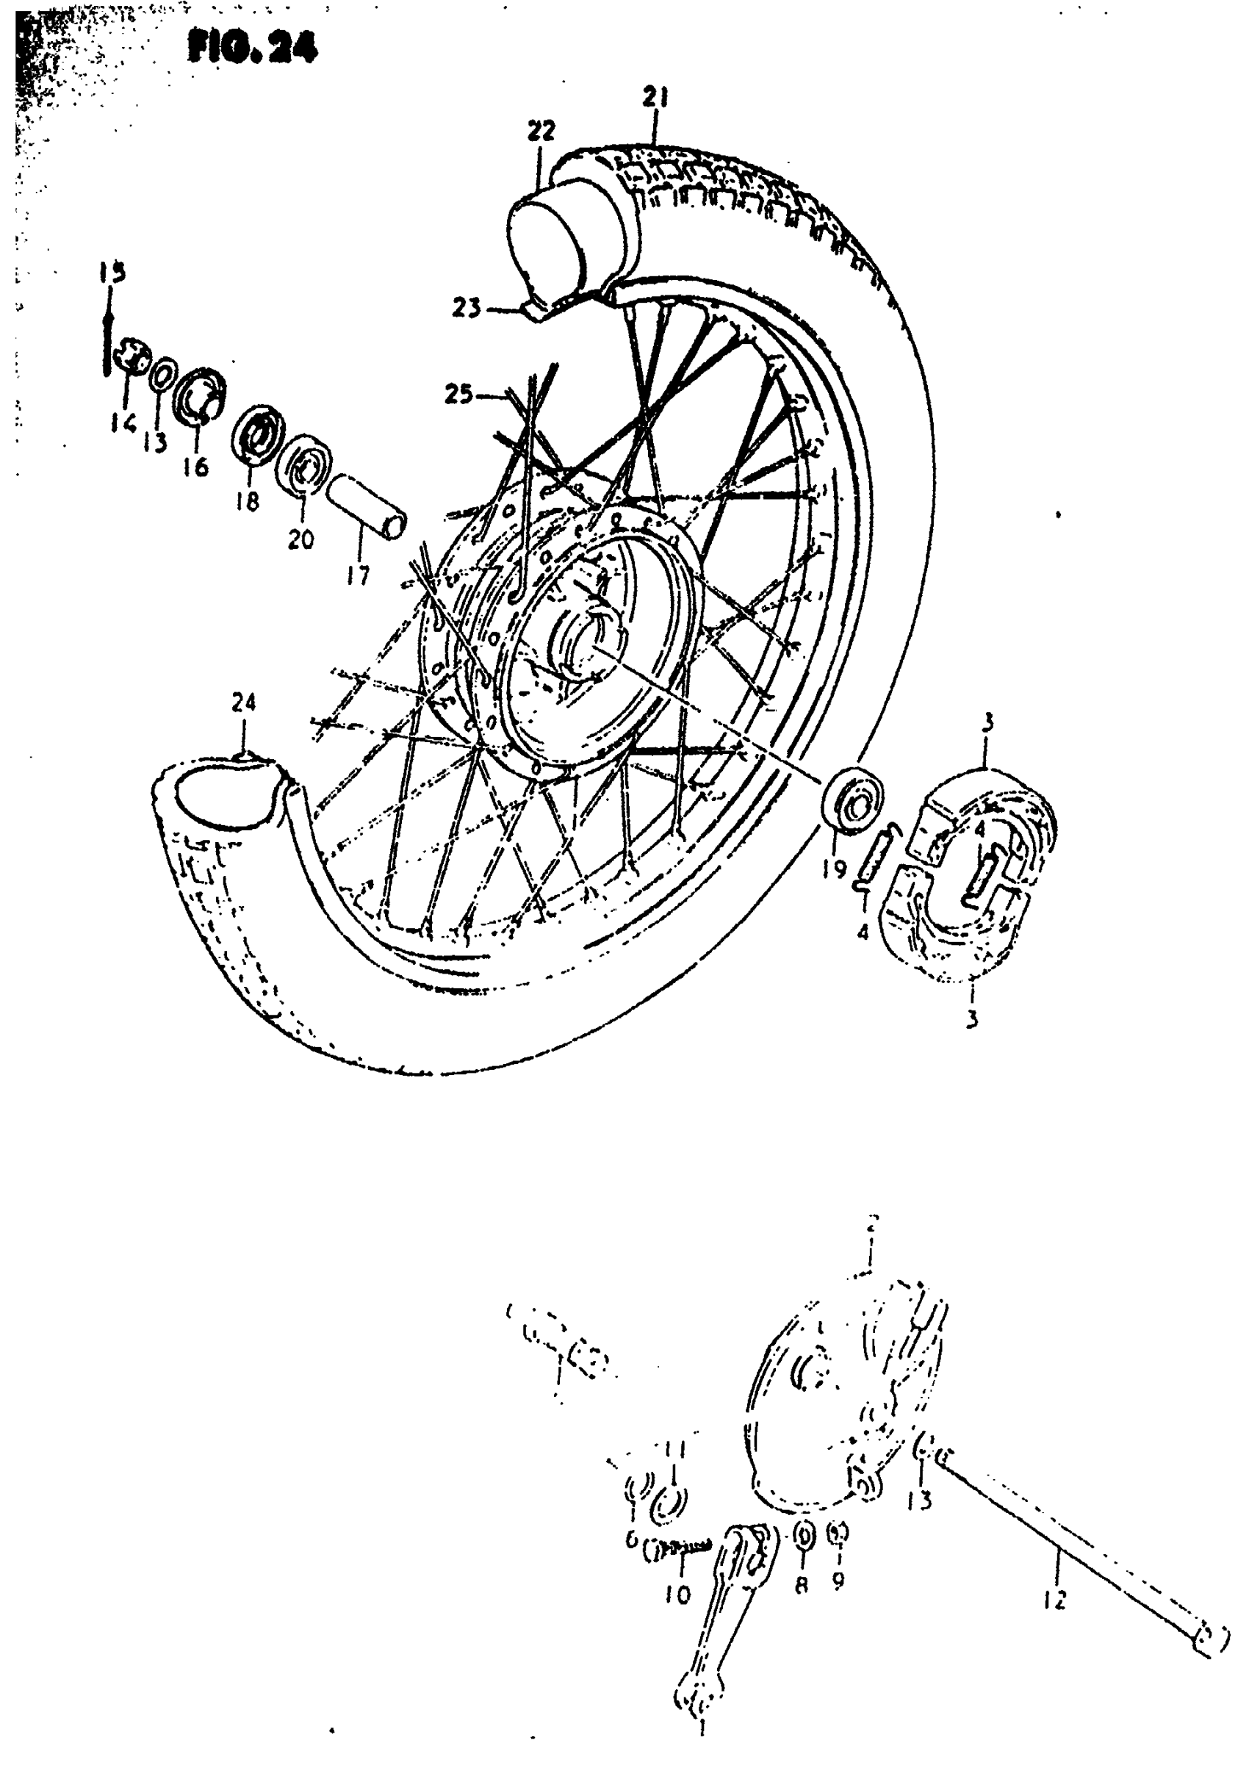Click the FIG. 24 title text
click(251, 48)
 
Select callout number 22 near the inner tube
click(541, 131)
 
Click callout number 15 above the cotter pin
click(112, 273)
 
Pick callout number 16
click(196, 466)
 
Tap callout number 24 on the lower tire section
click(243, 702)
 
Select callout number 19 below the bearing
click(834, 869)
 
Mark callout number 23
click(466, 309)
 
